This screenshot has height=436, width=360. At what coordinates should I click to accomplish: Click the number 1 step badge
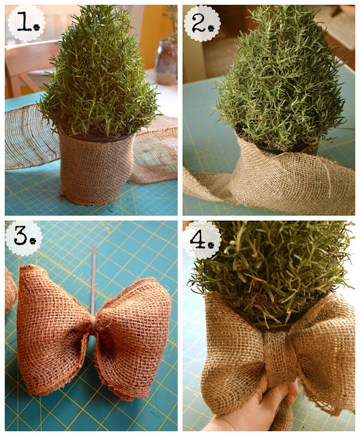[x=27, y=23]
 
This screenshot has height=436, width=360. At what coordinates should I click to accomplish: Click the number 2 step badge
[x=202, y=23]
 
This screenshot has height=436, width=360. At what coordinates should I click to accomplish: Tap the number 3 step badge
[x=24, y=238]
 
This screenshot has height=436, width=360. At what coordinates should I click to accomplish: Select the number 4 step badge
[x=202, y=240]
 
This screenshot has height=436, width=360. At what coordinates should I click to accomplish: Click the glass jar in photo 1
[x=166, y=62]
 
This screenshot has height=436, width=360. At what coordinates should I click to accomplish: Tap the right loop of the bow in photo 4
[x=325, y=356]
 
